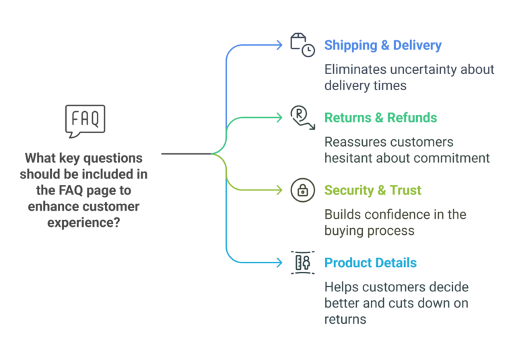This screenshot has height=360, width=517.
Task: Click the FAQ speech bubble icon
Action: (x=85, y=120)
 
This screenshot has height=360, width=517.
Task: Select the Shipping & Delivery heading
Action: (x=382, y=46)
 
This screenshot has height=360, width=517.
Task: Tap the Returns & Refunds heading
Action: (x=380, y=118)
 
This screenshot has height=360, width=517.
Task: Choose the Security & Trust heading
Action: (x=372, y=190)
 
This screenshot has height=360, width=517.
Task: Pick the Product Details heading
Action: (x=370, y=263)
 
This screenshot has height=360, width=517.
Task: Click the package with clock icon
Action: (x=302, y=45)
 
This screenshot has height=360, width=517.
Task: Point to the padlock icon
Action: (x=302, y=190)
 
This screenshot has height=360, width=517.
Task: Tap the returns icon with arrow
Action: (x=302, y=117)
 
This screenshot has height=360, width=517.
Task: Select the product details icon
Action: (x=302, y=263)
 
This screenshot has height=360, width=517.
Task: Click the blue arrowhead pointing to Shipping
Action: (x=279, y=45)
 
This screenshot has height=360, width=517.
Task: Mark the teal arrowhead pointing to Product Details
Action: (x=279, y=262)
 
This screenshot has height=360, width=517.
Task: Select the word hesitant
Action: (x=351, y=159)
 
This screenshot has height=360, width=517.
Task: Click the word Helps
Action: (x=342, y=287)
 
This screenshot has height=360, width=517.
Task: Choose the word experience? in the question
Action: (x=84, y=222)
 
